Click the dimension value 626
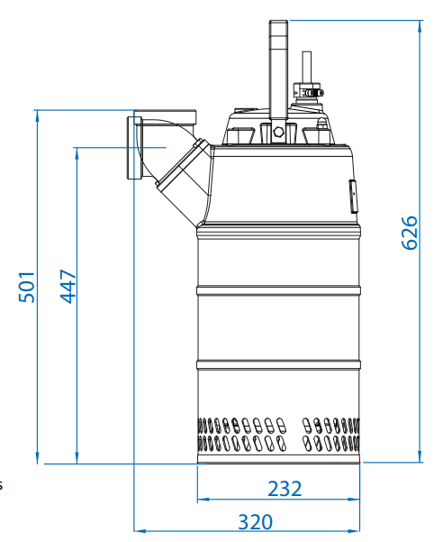click(410, 233)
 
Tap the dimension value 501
click(27, 287)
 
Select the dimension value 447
click(68, 286)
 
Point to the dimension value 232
click(285, 489)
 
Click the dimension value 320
click(256, 522)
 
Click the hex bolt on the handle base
click(278, 132)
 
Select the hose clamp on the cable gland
click(309, 93)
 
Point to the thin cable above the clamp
click(307, 68)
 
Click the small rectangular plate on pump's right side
click(354, 197)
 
